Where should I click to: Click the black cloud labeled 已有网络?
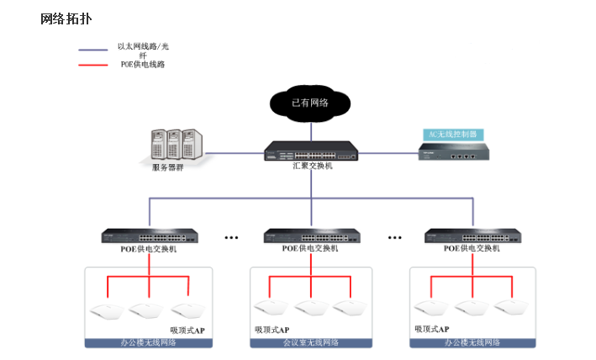[x=309, y=103]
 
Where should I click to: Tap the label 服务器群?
[x=167, y=167]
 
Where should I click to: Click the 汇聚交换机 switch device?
[x=311, y=151]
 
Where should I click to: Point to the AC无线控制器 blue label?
[x=453, y=134]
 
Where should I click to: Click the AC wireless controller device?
[x=453, y=151]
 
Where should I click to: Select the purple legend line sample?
[x=92, y=50]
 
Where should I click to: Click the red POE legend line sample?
[x=92, y=65]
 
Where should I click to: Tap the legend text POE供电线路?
[x=143, y=65]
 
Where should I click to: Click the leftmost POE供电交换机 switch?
[x=150, y=236]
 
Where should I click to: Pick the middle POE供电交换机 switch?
[x=311, y=236]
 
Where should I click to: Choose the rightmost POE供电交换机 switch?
[x=472, y=236]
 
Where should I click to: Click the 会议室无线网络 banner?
[x=311, y=343]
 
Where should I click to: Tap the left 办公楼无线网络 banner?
[x=150, y=343]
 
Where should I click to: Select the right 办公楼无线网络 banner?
[x=472, y=343]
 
